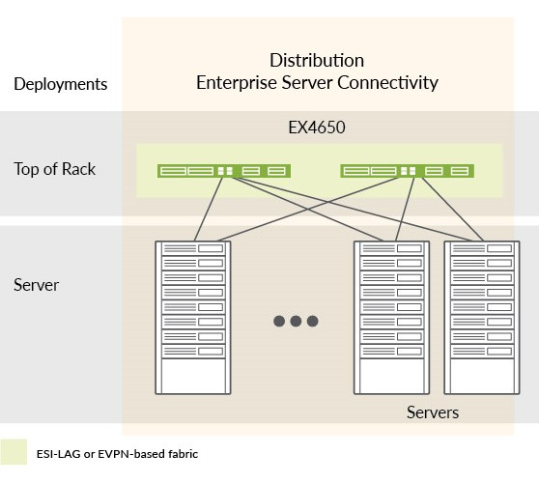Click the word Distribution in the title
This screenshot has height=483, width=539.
pyautogui.click(x=317, y=60)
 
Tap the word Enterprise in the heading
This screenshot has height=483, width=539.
pyautogui.click(x=235, y=82)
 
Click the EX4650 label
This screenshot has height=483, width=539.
pyautogui.click(x=317, y=127)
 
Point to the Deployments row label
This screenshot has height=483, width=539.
pyautogui.click(x=61, y=83)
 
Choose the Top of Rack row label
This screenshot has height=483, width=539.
pyautogui.click(x=55, y=169)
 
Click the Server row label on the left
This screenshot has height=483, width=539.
pyautogui.click(x=37, y=285)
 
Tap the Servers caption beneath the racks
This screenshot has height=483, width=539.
pyautogui.click(x=432, y=412)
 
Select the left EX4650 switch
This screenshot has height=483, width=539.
pyautogui.click(x=224, y=171)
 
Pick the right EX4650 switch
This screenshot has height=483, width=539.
pyautogui.click(x=407, y=171)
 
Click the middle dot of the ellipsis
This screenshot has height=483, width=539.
pyautogui.click(x=296, y=321)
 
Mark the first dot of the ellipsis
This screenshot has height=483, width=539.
pyautogui.click(x=278, y=321)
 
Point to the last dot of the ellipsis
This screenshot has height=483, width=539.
pyautogui.click(x=313, y=321)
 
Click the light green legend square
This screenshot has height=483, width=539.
pyautogui.click(x=14, y=452)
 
